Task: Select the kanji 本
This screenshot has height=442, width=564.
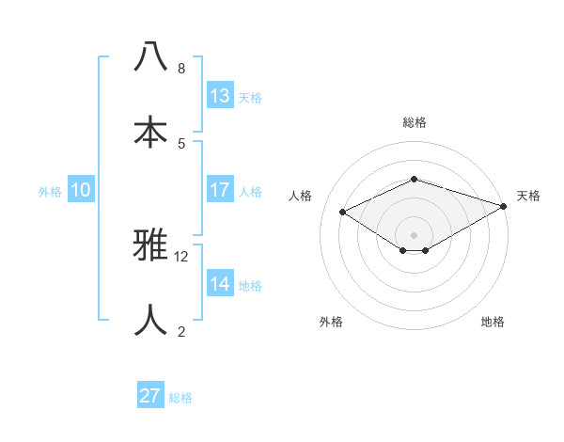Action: [x=150, y=131]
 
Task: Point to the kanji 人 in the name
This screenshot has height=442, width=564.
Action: [x=150, y=320]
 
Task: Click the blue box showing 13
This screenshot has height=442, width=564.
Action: [x=220, y=96]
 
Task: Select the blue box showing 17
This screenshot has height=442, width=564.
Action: [x=220, y=190]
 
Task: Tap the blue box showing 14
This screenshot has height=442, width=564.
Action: [x=220, y=284]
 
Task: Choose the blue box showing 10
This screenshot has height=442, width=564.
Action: [x=81, y=190]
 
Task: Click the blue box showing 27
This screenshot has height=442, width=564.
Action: [x=150, y=396]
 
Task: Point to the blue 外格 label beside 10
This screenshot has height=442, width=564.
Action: [x=50, y=191]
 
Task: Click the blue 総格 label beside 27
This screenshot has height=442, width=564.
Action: [x=180, y=398]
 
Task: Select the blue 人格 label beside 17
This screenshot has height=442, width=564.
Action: [x=250, y=191]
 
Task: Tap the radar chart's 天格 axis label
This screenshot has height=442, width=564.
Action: [x=528, y=196]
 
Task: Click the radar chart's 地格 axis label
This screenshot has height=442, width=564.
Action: [x=493, y=322]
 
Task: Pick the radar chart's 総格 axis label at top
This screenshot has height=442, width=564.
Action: [x=415, y=122]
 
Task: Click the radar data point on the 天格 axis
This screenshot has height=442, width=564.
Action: [x=504, y=206]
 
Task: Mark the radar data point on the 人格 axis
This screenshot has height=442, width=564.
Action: [x=343, y=213]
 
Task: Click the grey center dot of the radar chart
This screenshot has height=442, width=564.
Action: [x=415, y=234]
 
